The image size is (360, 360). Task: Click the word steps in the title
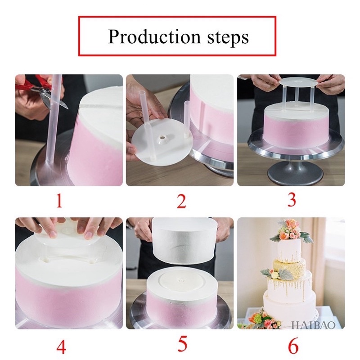[x=228, y=38]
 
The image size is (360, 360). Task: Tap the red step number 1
[x=59, y=200]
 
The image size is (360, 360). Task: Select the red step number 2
[x=181, y=201]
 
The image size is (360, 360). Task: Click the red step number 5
[x=182, y=344]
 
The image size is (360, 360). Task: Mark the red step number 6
[x=293, y=346]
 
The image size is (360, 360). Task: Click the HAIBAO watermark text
[x=313, y=325]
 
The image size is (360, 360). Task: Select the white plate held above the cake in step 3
[x=298, y=82]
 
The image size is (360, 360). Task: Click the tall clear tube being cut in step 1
[x=53, y=119]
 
